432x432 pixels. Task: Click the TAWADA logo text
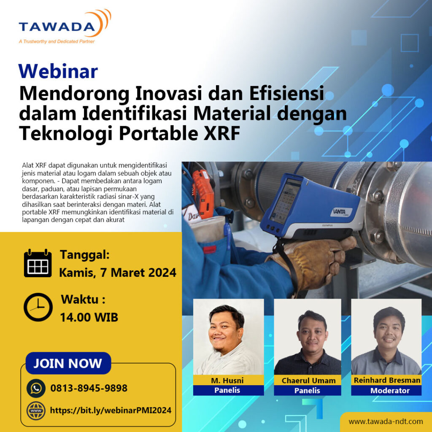point(57,27)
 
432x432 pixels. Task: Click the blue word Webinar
point(58,71)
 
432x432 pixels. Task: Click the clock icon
point(38,307)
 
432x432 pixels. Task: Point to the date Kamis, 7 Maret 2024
point(118,273)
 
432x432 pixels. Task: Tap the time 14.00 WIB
point(89,317)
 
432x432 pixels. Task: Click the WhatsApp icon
point(36,388)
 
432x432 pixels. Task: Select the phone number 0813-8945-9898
point(89,388)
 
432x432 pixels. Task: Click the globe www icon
point(36,410)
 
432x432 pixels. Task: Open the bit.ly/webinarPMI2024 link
point(111,410)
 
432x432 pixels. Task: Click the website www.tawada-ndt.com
point(386,421)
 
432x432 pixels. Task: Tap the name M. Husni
point(227,381)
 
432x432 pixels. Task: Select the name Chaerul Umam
point(308,381)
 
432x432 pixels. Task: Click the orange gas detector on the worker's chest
point(203,192)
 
